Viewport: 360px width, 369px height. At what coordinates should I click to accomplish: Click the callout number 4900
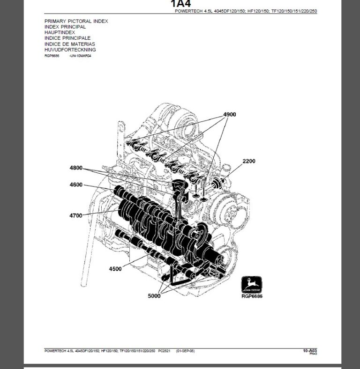pos(229,115)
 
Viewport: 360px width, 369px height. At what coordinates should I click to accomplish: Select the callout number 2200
pos(249,161)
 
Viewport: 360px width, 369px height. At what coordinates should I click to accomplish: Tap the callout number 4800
pos(75,168)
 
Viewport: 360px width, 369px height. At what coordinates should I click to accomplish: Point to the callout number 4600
pos(75,185)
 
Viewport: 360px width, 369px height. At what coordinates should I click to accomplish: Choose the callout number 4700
pos(75,215)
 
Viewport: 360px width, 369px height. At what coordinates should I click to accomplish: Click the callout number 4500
pos(115,269)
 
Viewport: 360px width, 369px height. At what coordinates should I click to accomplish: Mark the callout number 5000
pos(154,295)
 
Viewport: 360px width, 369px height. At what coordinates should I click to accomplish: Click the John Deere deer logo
pos(251,285)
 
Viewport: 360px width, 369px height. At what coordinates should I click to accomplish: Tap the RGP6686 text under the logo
pos(252,296)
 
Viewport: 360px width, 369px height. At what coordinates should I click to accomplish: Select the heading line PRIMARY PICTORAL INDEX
pos(76,22)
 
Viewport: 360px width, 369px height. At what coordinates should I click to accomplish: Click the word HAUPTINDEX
pos(60,33)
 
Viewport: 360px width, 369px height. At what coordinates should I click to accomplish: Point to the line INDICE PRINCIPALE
pos(67,38)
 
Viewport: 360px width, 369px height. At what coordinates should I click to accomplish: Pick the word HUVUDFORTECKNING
pos(70,50)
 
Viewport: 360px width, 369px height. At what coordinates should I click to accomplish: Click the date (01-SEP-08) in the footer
pos(187,351)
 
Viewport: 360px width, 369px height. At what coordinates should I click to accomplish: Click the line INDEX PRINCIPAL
pos(65,27)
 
